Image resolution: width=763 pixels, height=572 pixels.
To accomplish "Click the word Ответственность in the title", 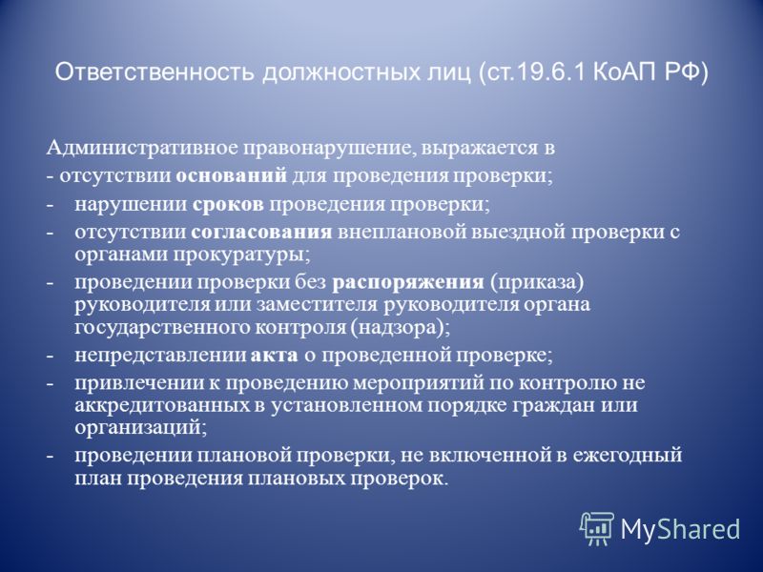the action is (155, 72).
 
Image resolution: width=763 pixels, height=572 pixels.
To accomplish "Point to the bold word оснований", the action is (232, 175).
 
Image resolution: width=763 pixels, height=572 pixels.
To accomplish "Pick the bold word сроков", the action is (228, 204).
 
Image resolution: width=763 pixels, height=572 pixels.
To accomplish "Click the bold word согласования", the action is (261, 232).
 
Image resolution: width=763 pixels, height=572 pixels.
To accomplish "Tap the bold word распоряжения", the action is (408, 282).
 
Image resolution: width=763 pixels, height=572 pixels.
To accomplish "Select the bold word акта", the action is (275, 356).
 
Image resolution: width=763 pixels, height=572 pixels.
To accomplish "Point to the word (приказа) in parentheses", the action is (537, 282).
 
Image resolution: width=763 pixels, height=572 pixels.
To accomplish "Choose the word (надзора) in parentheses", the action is (402, 328).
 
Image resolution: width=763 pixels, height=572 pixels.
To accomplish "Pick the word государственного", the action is (161, 328).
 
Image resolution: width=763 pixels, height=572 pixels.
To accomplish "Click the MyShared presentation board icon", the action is (597, 528).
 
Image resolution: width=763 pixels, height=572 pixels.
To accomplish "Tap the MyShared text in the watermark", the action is (680, 529).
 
